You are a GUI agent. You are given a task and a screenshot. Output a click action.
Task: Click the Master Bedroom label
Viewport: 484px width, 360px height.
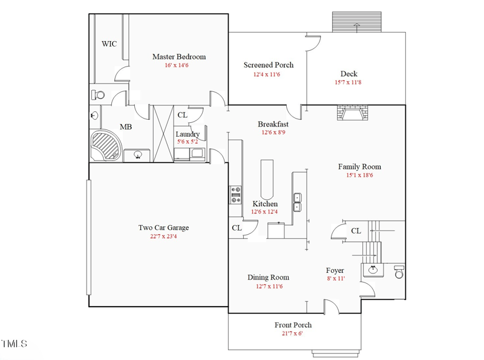pyautogui.click(x=178, y=57)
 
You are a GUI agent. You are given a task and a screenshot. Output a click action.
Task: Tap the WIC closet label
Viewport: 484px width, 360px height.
pyautogui.click(x=109, y=44)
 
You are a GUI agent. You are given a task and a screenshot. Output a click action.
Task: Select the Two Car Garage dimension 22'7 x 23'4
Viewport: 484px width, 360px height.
pyautogui.click(x=163, y=237)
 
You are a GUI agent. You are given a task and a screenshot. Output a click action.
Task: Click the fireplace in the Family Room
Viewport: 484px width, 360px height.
pyautogui.click(x=352, y=114)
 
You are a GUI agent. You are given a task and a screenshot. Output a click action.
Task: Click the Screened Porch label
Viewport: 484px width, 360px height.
pyautogui.click(x=269, y=65)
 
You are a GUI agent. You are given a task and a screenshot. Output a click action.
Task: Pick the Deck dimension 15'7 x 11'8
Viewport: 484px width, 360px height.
pyautogui.click(x=348, y=82)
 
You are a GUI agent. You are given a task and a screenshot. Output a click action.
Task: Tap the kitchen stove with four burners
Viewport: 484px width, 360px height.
pyautogui.click(x=235, y=194)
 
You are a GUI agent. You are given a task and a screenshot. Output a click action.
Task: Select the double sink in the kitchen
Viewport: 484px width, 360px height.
pyautogui.click(x=298, y=201)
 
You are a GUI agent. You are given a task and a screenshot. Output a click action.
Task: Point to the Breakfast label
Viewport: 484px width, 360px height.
pyautogui.click(x=273, y=124)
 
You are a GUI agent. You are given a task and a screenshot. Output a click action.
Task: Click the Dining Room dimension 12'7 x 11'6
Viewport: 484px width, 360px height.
pyautogui.click(x=268, y=286)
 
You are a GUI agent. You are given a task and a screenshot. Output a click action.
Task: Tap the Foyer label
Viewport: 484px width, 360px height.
pyautogui.click(x=335, y=270)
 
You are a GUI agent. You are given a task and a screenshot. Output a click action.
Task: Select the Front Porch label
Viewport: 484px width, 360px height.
pyautogui.click(x=293, y=325)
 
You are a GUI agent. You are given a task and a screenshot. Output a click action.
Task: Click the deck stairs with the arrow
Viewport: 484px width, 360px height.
pyautogui.click(x=356, y=23)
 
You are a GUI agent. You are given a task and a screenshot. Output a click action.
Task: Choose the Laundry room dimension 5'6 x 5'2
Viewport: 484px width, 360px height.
pyautogui.click(x=188, y=142)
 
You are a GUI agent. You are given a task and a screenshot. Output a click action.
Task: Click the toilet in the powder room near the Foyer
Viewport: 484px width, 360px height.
pyautogui.click(x=399, y=272)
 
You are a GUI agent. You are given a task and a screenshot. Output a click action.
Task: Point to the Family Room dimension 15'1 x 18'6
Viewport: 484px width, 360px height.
pyautogui.click(x=359, y=175)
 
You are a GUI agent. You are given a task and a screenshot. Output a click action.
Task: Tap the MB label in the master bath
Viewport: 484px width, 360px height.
pyautogui.click(x=126, y=127)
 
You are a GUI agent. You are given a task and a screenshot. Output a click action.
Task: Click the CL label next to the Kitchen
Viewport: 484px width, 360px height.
pyautogui.click(x=237, y=228)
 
